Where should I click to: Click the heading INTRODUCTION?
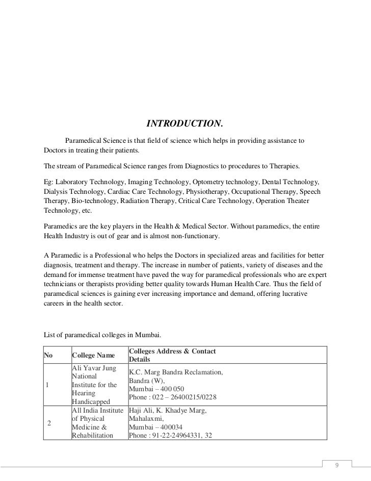click(x=185, y=124)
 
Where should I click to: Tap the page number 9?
click(x=336, y=465)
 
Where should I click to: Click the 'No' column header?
click(x=49, y=356)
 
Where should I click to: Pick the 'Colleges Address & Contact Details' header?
click(x=173, y=356)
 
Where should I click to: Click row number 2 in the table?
click(x=49, y=423)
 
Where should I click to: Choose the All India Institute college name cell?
click(x=98, y=423)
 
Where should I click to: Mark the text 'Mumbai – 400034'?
click(x=156, y=427)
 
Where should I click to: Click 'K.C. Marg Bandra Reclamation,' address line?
click(x=176, y=372)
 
